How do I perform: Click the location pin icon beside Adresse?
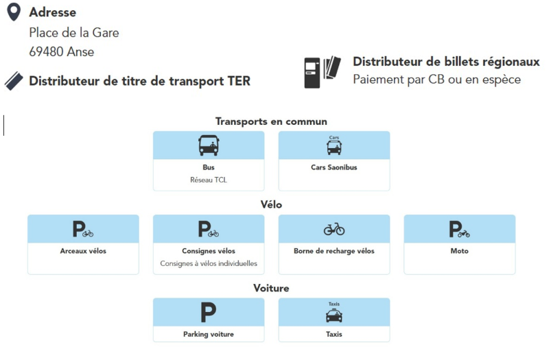coord(14,12)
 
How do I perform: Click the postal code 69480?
coord(46,52)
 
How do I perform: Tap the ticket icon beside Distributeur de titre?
coord(14,81)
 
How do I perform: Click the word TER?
coord(239,81)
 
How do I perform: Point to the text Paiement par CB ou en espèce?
coord(436,80)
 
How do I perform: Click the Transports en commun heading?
coord(271,121)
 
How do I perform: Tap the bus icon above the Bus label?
coord(209,145)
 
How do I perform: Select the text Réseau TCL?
coord(209,180)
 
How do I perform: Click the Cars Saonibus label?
coord(334,167)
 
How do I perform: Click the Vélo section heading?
coord(271,204)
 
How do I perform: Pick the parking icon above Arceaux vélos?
coord(83,229)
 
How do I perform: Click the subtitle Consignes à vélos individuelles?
coord(209,263)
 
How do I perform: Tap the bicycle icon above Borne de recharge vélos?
coord(334,229)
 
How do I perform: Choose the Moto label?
coord(459,251)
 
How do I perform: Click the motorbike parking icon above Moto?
coord(459,229)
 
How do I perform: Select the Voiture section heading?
coord(271,288)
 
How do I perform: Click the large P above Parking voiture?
coord(209,313)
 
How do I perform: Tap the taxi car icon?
coord(334,315)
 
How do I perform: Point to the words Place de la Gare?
coord(74,33)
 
